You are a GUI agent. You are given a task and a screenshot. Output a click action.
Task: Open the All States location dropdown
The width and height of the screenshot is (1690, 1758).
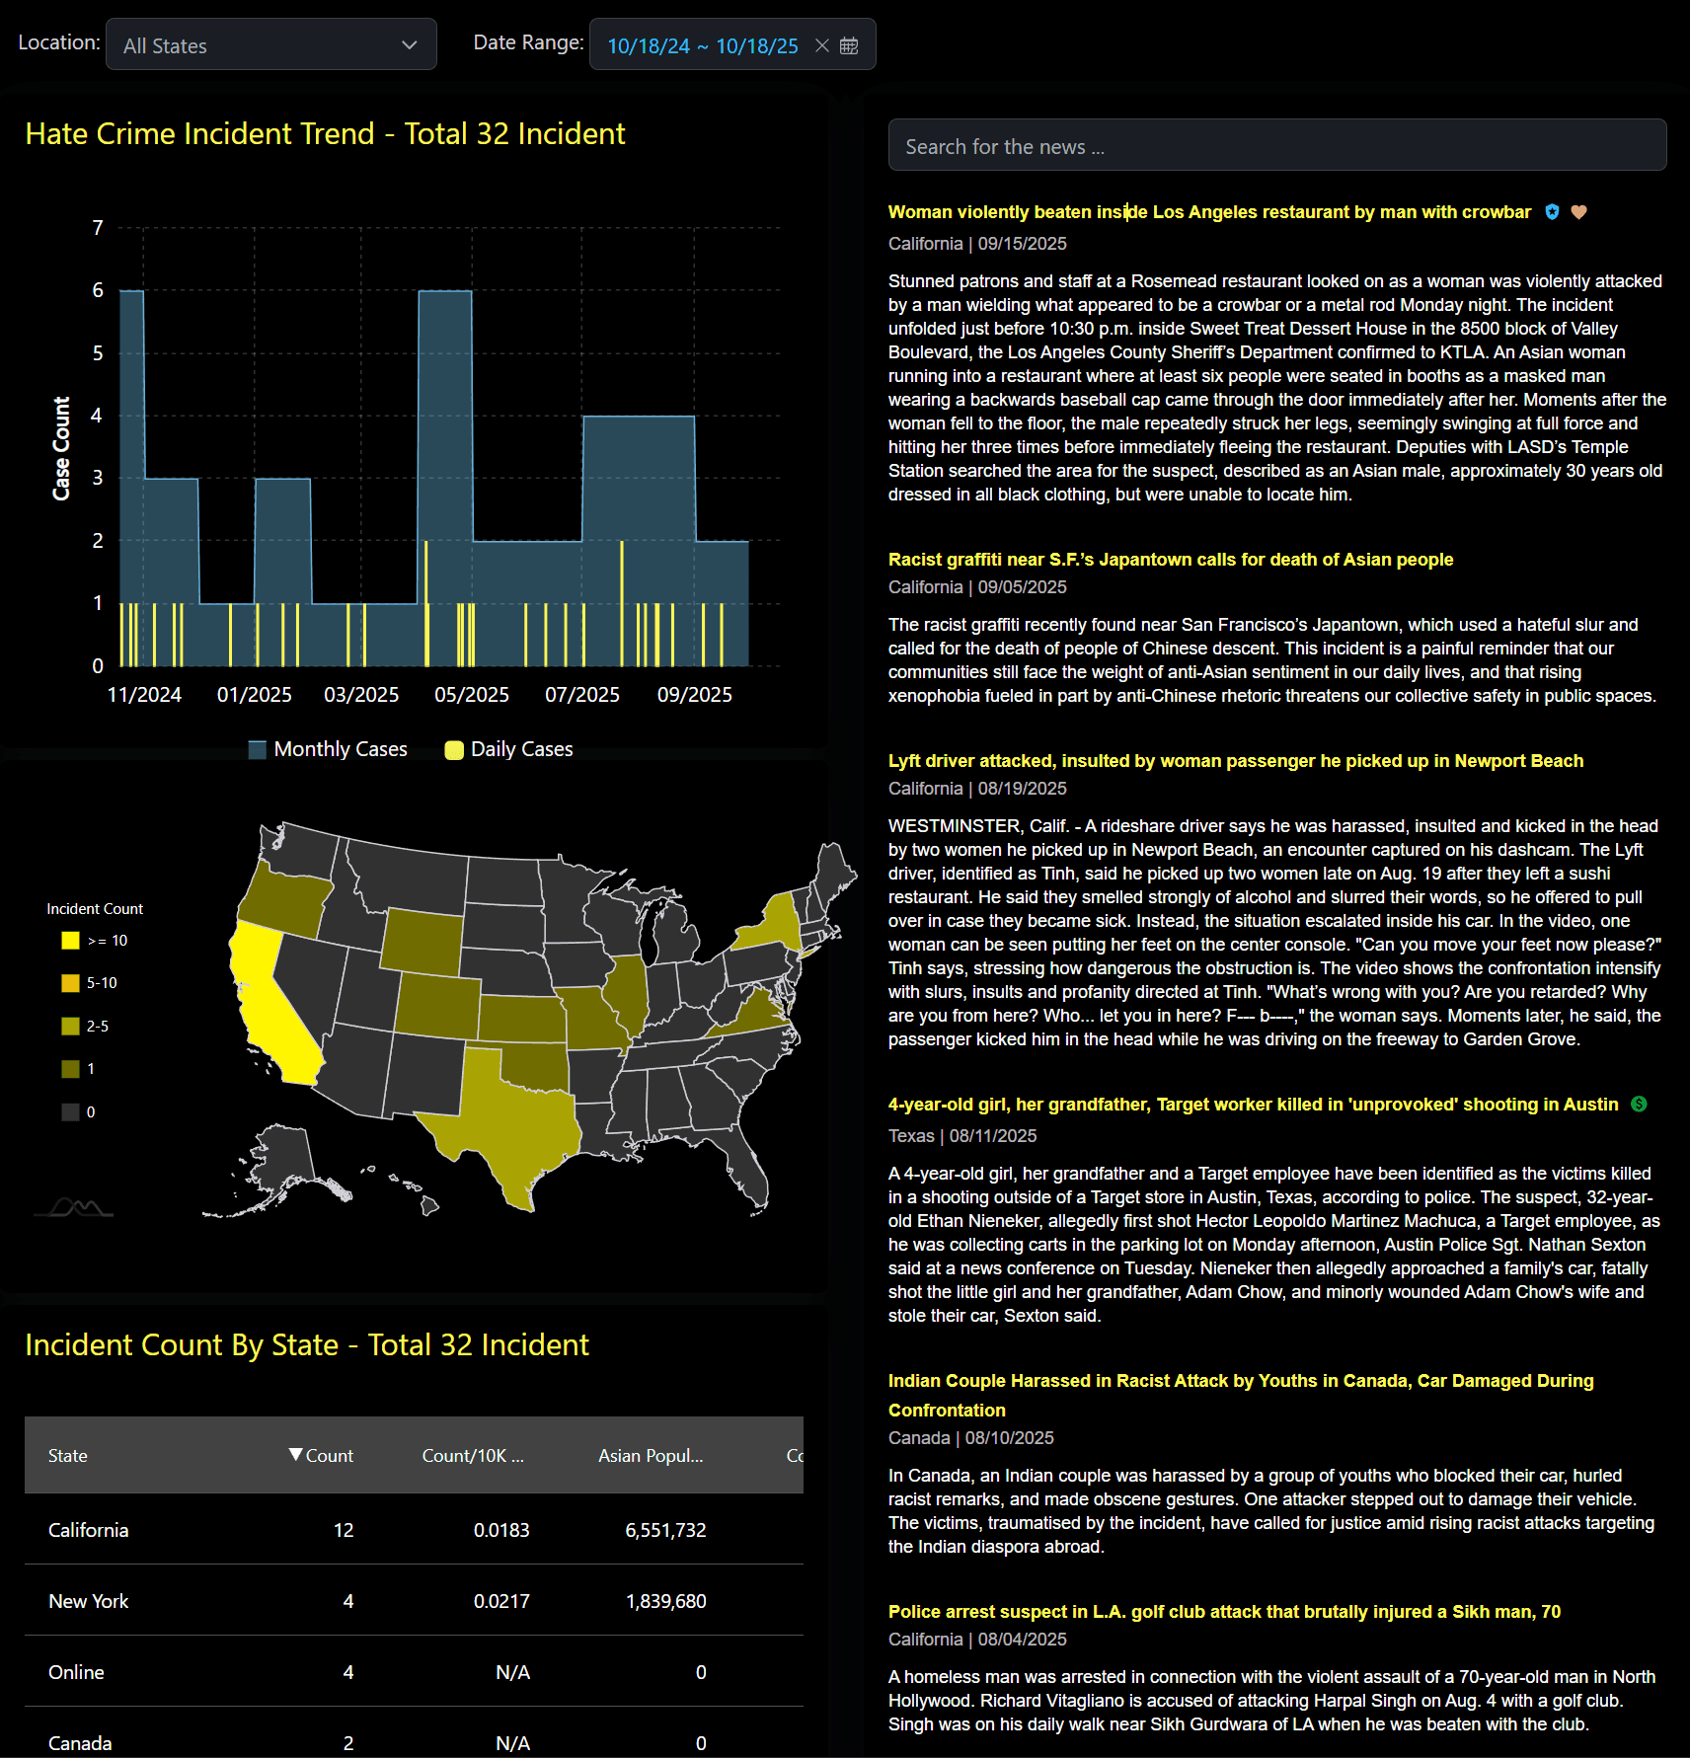pyautogui.click(x=270, y=45)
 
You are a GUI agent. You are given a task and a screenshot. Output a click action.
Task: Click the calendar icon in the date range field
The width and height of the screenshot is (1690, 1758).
pyautogui.click(x=849, y=45)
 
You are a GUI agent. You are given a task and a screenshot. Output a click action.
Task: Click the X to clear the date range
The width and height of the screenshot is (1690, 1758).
pyautogui.click(x=821, y=45)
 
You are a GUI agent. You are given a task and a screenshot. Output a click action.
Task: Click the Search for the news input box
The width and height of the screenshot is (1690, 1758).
pyautogui.click(x=1276, y=146)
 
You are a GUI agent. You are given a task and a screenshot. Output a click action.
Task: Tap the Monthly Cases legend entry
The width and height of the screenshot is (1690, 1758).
pyautogui.click(x=329, y=749)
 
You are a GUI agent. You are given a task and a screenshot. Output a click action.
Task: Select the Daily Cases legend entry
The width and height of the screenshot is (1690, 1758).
pyautogui.click(x=509, y=749)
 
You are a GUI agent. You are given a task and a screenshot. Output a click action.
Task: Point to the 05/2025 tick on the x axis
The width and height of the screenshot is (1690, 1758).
pyautogui.click(x=472, y=695)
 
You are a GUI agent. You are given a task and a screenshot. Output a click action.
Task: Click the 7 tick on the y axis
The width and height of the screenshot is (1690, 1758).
pyautogui.click(x=98, y=228)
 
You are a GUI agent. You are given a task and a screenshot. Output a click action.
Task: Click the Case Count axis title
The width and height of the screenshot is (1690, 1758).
pyautogui.click(x=61, y=448)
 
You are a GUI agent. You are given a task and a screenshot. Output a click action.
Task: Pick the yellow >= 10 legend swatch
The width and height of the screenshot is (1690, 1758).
pyautogui.click(x=70, y=941)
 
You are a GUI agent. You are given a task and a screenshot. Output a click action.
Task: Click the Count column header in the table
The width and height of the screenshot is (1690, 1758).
pyautogui.click(x=322, y=1456)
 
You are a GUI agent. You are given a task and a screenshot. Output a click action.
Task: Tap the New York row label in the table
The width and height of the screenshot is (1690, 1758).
pyautogui.click(x=89, y=1601)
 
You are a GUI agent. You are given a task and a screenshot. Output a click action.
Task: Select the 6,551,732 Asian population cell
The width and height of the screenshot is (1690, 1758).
pyautogui.click(x=665, y=1530)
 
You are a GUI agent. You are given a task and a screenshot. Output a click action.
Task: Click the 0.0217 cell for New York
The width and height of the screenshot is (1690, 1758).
pyautogui.click(x=501, y=1601)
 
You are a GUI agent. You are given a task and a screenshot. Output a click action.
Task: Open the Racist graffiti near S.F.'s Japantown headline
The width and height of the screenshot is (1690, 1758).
pyautogui.click(x=1170, y=560)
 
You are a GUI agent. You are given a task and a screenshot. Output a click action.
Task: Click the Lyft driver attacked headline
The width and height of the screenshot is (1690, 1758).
pyautogui.click(x=1235, y=761)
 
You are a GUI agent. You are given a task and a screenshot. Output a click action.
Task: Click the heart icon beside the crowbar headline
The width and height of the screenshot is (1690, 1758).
pyautogui.click(x=1578, y=212)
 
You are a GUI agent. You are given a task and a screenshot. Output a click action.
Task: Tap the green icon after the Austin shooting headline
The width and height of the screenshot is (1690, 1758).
pyautogui.click(x=1639, y=1105)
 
